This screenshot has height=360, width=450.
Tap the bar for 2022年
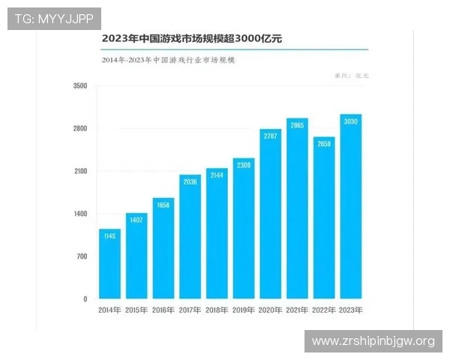324,218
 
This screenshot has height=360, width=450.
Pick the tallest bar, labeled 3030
351,207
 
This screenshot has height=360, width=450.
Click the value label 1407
136,220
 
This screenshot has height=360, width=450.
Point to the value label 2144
217,175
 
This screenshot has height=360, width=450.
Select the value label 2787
270,136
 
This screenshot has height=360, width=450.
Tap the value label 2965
297,125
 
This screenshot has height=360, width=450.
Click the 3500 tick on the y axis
80,86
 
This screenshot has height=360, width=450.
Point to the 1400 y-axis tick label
80,214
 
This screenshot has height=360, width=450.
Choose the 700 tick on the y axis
82,256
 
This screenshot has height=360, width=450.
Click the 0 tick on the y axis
85,299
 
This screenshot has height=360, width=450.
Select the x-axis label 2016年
163,309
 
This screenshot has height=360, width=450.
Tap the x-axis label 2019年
243,309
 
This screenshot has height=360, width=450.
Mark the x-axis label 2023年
351,309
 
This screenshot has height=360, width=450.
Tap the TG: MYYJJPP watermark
53,18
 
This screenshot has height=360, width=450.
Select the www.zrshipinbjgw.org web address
373,341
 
